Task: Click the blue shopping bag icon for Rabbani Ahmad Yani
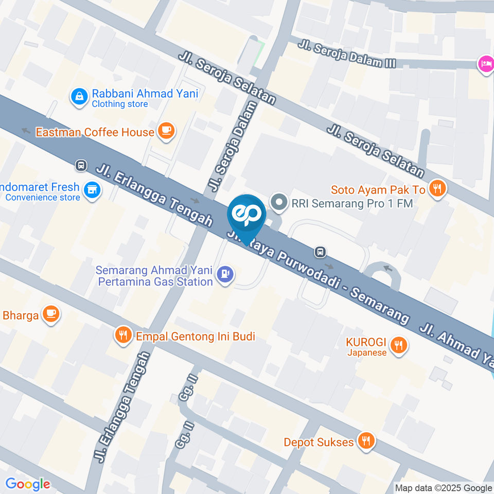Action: pyautogui.click(x=79, y=96)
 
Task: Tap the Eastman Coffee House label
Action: pyautogui.click(x=95, y=132)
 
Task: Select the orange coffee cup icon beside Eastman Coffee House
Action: pyautogui.click(x=166, y=131)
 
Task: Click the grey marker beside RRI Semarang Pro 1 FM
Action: pyautogui.click(x=279, y=203)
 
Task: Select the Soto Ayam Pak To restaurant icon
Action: pyautogui.click(x=437, y=188)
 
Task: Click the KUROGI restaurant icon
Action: pyautogui.click(x=397, y=345)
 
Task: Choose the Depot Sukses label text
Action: pyautogui.click(x=319, y=442)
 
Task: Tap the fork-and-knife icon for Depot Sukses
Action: pyautogui.click(x=366, y=441)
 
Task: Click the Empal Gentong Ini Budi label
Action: pyautogui.click(x=196, y=337)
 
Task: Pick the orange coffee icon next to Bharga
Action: pyautogui.click(x=50, y=313)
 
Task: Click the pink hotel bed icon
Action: pyautogui.click(x=485, y=64)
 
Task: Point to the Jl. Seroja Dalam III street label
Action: pyautogui.click(x=347, y=54)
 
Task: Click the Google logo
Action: pyautogui.click(x=28, y=484)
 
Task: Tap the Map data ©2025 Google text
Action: pyautogui.click(x=443, y=488)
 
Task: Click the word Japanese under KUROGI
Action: pyautogui.click(x=366, y=353)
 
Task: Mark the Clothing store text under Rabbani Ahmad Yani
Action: pyautogui.click(x=120, y=104)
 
